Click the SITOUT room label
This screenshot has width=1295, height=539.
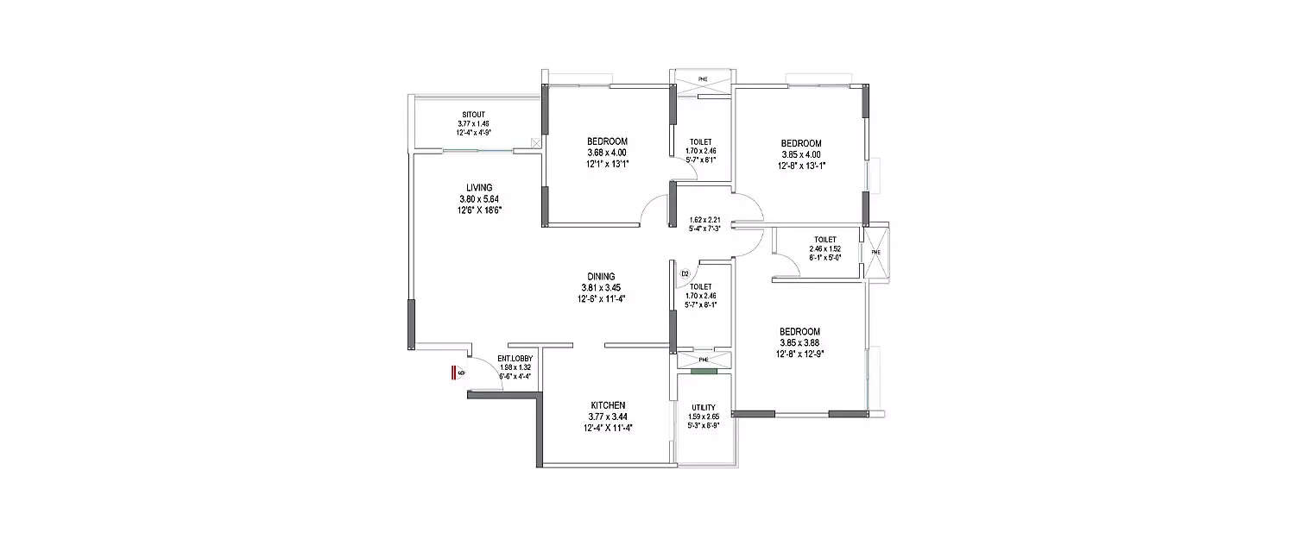(x=472, y=114)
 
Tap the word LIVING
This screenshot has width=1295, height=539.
(x=479, y=187)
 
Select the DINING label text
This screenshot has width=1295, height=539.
(x=600, y=277)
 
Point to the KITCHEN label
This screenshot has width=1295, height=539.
(x=608, y=404)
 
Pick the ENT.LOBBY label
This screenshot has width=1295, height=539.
(x=515, y=358)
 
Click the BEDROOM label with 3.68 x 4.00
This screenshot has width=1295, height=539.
(x=607, y=141)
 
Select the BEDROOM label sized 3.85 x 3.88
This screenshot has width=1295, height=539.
(x=799, y=331)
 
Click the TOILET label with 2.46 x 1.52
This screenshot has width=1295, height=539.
(x=824, y=240)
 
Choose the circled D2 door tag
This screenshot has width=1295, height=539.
(x=685, y=273)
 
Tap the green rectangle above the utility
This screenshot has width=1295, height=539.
(x=704, y=372)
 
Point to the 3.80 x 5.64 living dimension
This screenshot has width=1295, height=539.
(x=479, y=198)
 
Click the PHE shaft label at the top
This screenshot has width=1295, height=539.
(x=703, y=79)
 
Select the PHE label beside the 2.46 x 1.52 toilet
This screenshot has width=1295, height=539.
(x=875, y=253)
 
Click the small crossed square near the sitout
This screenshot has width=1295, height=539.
(x=536, y=142)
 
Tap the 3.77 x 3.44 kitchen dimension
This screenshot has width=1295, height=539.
(x=608, y=416)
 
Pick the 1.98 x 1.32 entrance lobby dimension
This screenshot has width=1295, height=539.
(x=515, y=367)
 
